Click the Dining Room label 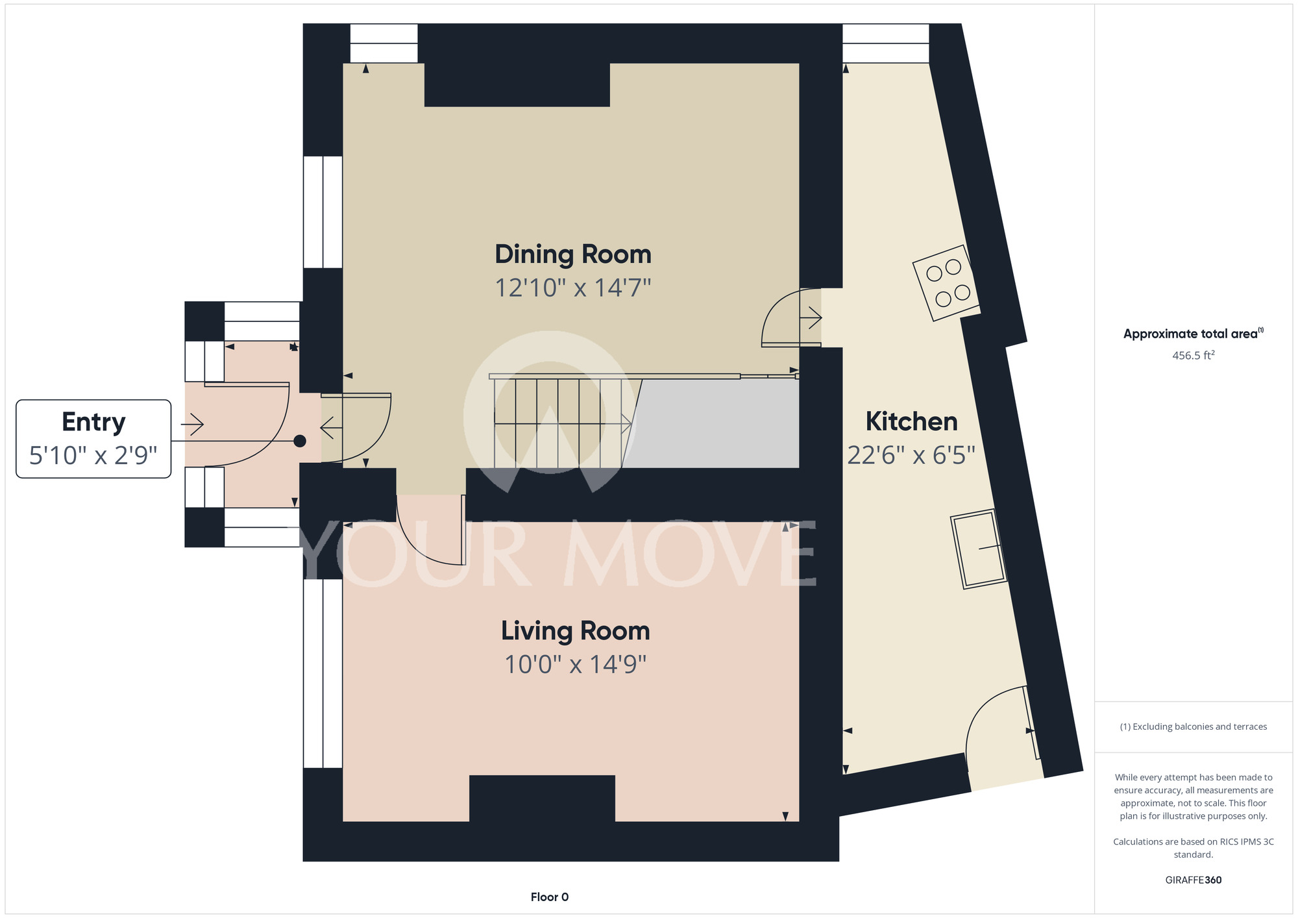point(573,254)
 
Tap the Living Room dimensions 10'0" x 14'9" point(576,664)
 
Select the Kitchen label point(911,422)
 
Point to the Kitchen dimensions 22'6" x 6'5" point(911,455)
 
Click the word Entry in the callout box point(93,423)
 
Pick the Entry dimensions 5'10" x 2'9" point(93,456)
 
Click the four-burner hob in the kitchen point(947,282)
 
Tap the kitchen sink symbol point(979,549)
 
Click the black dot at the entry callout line point(300,441)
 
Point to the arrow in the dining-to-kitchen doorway point(811,318)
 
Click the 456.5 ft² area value point(1193,355)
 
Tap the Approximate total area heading point(1193,334)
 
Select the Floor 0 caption point(550,897)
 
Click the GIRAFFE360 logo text point(1194,880)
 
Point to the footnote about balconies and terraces point(1194,726)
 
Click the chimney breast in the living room point(542,799)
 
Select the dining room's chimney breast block point(517,84)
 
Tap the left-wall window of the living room point(323,673)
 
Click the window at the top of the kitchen point(886,43)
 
